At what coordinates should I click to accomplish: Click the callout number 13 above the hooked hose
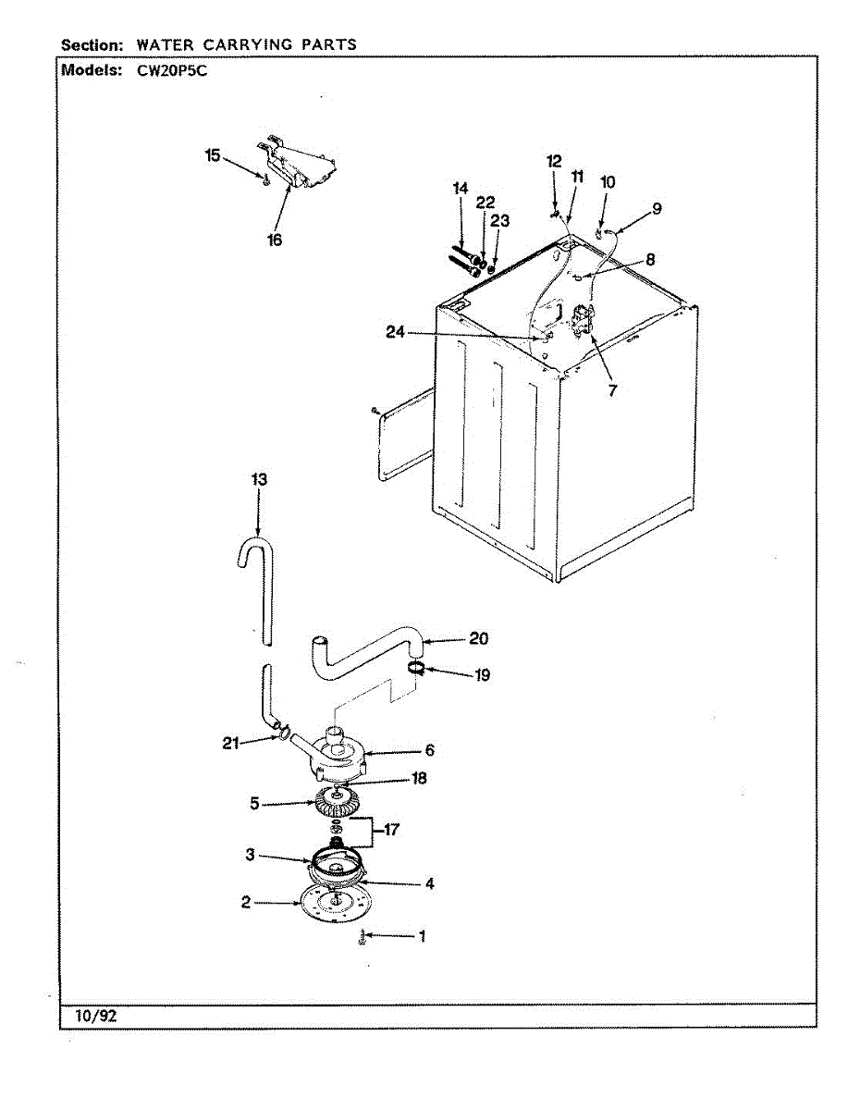coord(258,479)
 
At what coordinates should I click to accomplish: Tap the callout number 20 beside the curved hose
coord(478,638)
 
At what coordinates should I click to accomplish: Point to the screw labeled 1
coord(363,940)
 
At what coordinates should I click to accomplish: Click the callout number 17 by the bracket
coord(390,830)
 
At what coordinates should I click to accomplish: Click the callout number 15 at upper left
coord(214,155)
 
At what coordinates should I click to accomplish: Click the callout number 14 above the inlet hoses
coord(461,188)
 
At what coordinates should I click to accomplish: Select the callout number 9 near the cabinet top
coord(656,209)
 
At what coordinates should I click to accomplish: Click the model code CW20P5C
coord(166,71)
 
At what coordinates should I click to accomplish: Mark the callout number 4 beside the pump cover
coord(429,883)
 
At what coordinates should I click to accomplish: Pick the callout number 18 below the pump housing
coord(419,779)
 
